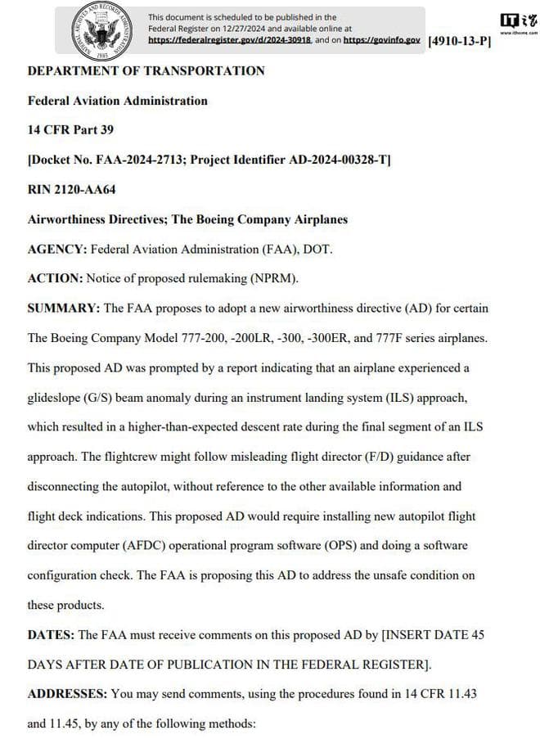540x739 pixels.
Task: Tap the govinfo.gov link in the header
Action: point(381,39)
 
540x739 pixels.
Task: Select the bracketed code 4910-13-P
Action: point(459,41)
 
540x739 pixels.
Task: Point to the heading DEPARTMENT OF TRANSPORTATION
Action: point(146,71)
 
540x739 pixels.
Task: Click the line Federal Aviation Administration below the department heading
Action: point(117,101)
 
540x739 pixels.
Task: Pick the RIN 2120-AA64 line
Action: point(72,190)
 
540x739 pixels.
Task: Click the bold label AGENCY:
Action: point(57,249)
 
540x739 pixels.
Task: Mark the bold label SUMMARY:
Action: point(64,309)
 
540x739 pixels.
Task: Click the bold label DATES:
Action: point(52,634)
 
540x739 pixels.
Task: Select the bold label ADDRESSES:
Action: point(67,694)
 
